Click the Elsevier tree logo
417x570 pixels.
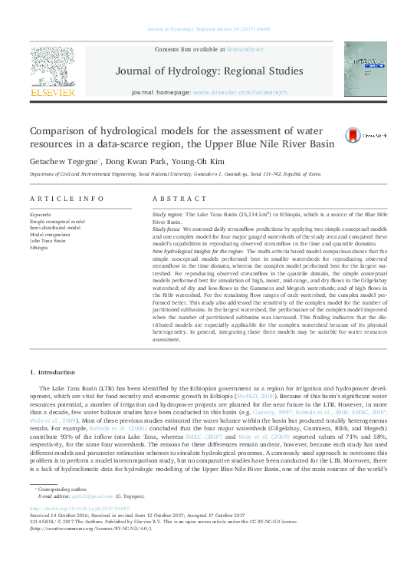click(52, 69)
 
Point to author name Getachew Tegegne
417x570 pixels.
click(64, 162)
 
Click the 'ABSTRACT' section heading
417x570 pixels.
click(173, 199)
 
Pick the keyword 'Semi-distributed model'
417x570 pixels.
click(57, 227)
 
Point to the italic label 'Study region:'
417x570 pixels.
click(167, 216)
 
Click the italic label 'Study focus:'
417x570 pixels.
click(166, 229)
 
